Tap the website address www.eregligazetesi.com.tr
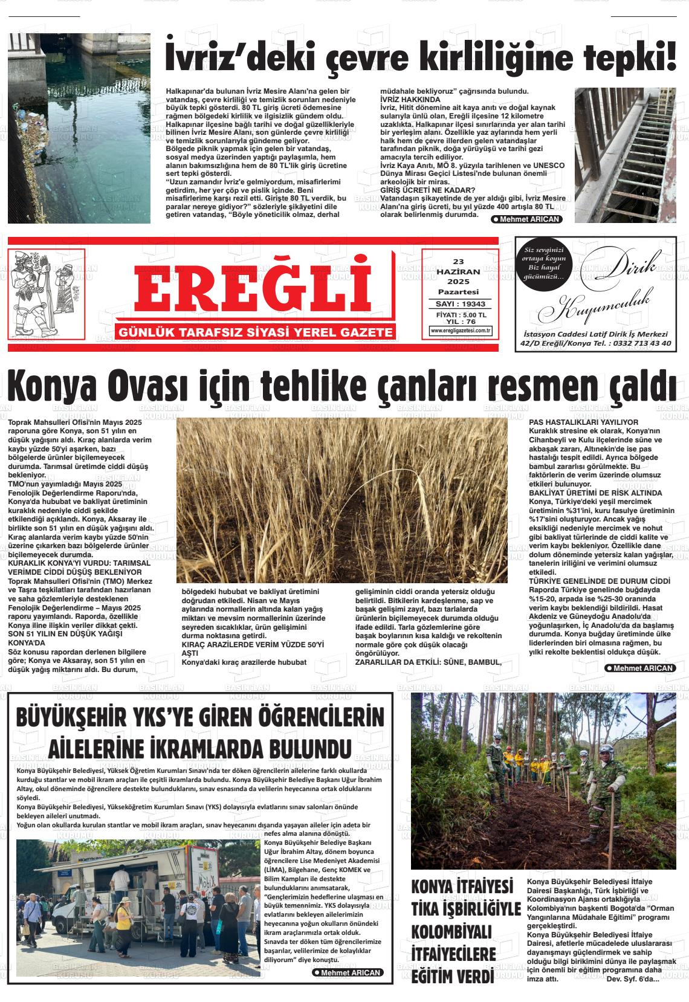[x=461, y=331]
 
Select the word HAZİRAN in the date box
[x=458, y=271]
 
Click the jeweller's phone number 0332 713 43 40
[x=636, y=343]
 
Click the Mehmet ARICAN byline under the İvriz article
[x=526, y=219]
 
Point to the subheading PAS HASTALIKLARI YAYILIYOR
[x=583, y=422]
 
